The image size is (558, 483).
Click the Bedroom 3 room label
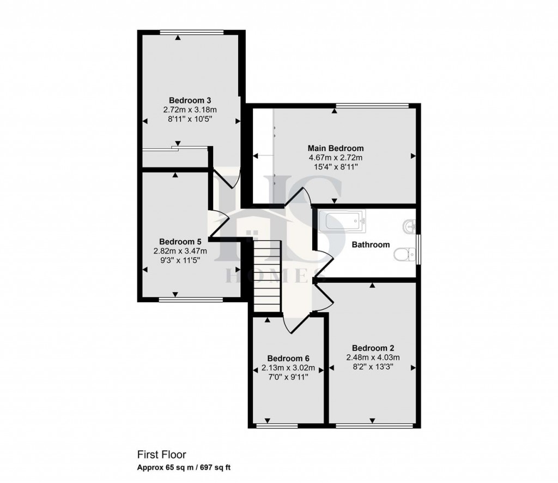(x=190, y=100)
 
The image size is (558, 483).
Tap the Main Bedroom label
(x=336, y=148)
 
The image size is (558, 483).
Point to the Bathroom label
(x=371, y=245)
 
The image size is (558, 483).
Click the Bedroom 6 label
(x=289, y=359)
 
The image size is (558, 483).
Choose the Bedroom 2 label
(x=373, y=348)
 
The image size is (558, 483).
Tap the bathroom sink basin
(x=410, y=225)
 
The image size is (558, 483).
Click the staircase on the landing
(x=267, y=276)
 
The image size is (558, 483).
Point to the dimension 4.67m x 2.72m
(x=336, y=158)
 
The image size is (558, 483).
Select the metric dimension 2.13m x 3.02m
(x=289, y=368)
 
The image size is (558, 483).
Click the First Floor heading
(x=161, y=454)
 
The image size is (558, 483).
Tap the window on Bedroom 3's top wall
(x=192, y=31)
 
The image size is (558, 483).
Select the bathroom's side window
(x=418, y=249)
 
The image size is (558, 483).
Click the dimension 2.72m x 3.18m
(x=190, y=110)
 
